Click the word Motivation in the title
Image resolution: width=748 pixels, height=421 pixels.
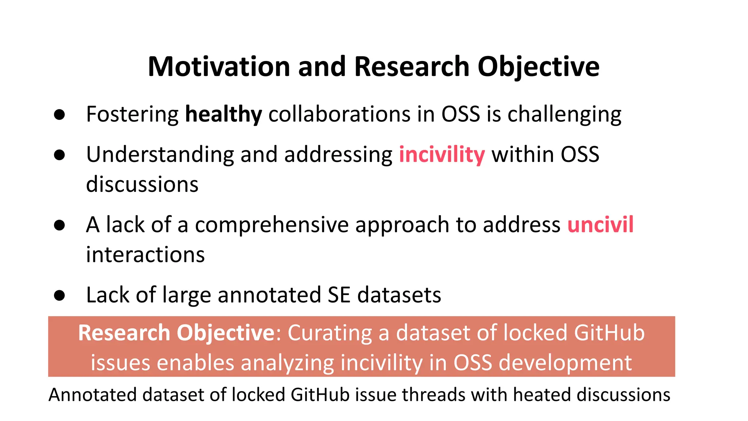pos(219,67)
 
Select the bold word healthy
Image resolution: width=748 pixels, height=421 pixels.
pos(224,114)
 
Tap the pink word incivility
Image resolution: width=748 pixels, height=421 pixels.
pos(442,155)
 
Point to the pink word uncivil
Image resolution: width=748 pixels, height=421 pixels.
pos(600,224)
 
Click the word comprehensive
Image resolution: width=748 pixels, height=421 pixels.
pos(272,225)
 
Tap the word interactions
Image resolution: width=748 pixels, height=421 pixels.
pos(145,255)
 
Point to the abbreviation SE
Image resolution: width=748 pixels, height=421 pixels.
pos(339,295)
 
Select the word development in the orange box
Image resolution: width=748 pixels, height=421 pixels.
pos(565,363)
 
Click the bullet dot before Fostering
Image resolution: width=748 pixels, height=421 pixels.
pos(59,115)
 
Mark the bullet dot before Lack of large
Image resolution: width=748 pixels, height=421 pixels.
pos(59,295)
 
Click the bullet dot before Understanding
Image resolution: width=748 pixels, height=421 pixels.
pos(59,155)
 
